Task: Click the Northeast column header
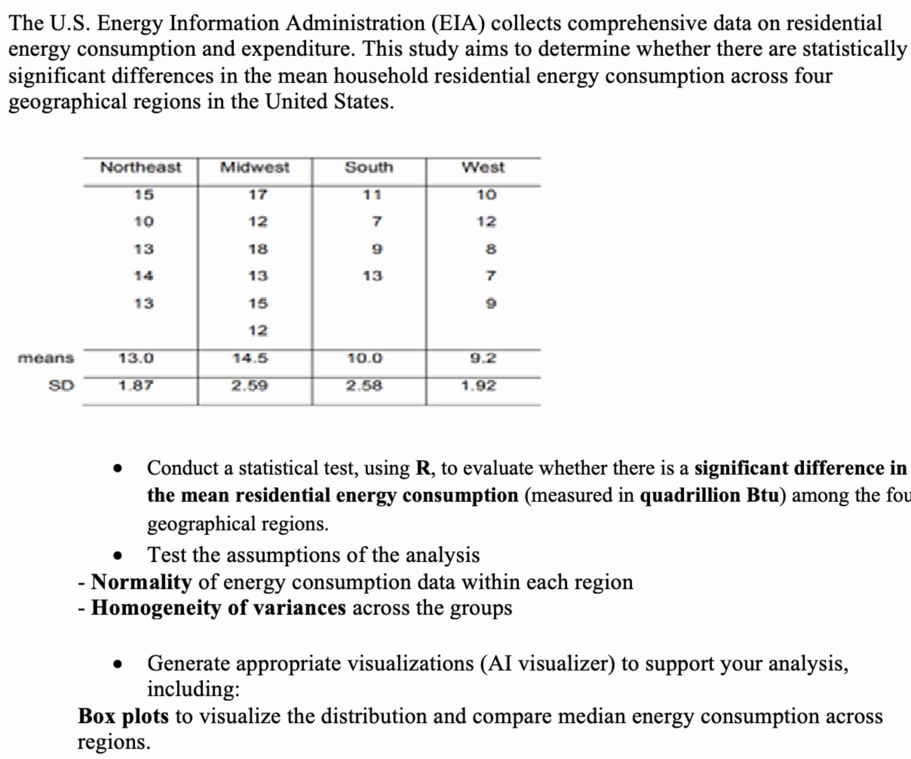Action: coord(141,167)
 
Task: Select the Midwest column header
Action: coord(255,167)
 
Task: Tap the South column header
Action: coord(369,167)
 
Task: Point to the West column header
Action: coord(483,167)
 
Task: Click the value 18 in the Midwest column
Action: coord(258,249)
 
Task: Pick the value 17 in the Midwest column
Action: coord(258,195)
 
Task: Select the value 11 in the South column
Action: coord(372,195)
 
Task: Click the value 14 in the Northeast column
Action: coord(144,276)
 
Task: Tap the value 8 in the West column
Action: coord(491,249)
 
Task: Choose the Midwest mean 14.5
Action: coord(251,359)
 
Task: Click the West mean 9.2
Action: coord(483,359)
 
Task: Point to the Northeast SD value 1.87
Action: coord(136,385)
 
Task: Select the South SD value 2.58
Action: coord(364,385)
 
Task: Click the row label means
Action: coord(46,359)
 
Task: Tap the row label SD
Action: coord(61,385)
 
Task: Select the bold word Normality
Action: coord(141,582)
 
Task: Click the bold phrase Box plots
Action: coord(123,716)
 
